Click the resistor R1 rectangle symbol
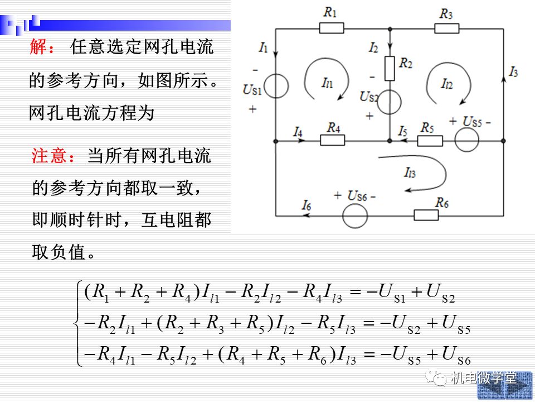pyautogui.click(x=331, y=28)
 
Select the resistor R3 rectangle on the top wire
pyautogui.click(x=446, y=28)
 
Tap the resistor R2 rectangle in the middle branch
pyautogui.click(x=390, y=69)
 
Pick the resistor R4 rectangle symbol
pyautogui.click(x=332, y=140)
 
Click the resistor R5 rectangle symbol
pyautogui.click(x=430, y=141)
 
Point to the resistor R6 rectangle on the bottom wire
pyautogui.click(x=426, y=215)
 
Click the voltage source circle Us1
pyautogui.click(x=276, y=86)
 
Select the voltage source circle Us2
pyautogui.click(x=390, y=102)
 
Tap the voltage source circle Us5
pyautogui.click(x=467, y=140)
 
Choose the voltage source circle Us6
pyautogui.click(x=355, y=216)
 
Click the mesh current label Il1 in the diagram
pyautogui.click(x=327, y=83)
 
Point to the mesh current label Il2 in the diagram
pyautogui.click(x=446, y=83)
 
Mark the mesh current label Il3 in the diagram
pyautogui.click(x=410, y=172)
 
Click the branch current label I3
pyautogui.click(x=513, y=72)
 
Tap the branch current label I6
pyautogui.click(x=306, y=205)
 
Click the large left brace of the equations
pyautogui.click(x=78, y=323)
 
